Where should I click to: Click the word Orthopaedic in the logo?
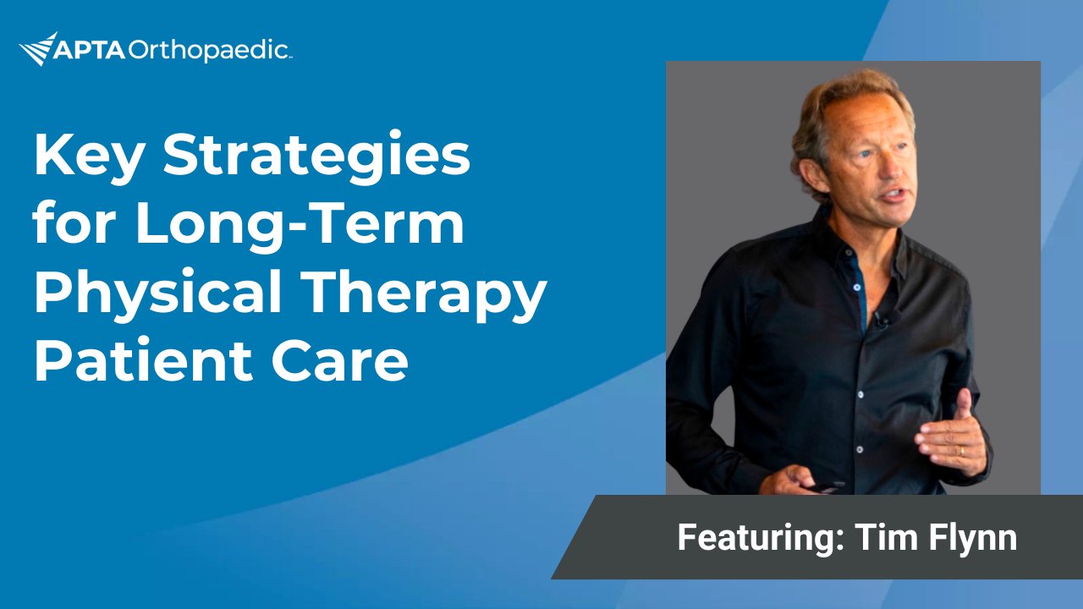209,51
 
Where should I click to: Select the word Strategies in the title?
316,156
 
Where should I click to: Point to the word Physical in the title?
157,294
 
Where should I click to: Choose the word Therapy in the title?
426,294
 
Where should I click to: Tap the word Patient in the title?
143,361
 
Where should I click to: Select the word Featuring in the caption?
761,537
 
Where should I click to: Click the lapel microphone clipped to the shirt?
881,321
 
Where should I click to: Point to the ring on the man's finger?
962,451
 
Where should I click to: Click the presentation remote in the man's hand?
826,487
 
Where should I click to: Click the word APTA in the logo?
90,51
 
